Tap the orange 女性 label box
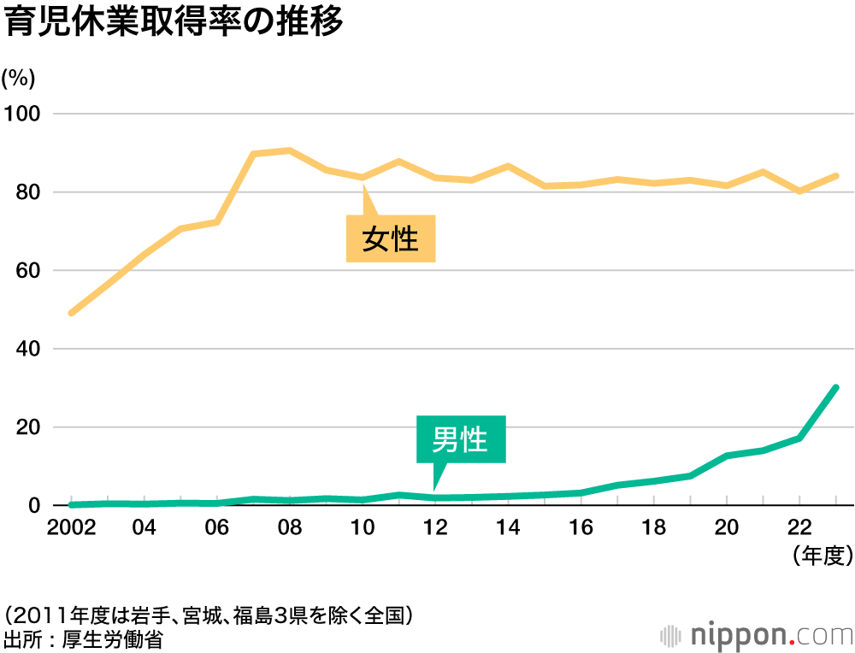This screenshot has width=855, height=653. pos(391,238)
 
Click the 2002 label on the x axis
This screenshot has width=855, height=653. pos(70,527)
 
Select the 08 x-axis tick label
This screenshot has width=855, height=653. pos(290,527)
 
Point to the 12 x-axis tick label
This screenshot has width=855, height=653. pos(436,527)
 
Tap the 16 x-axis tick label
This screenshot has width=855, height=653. pos(581,527)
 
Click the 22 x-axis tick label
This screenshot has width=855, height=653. pos(799,527)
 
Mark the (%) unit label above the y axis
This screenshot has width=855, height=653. pos(18,78)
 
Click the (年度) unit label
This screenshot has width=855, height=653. pos(823,556)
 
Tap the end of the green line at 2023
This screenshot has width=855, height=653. pos(835,388)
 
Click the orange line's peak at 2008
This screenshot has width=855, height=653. pos(290,150)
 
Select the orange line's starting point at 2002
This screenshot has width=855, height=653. pos(71,313)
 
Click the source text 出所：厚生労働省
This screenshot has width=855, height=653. pos(83,638)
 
